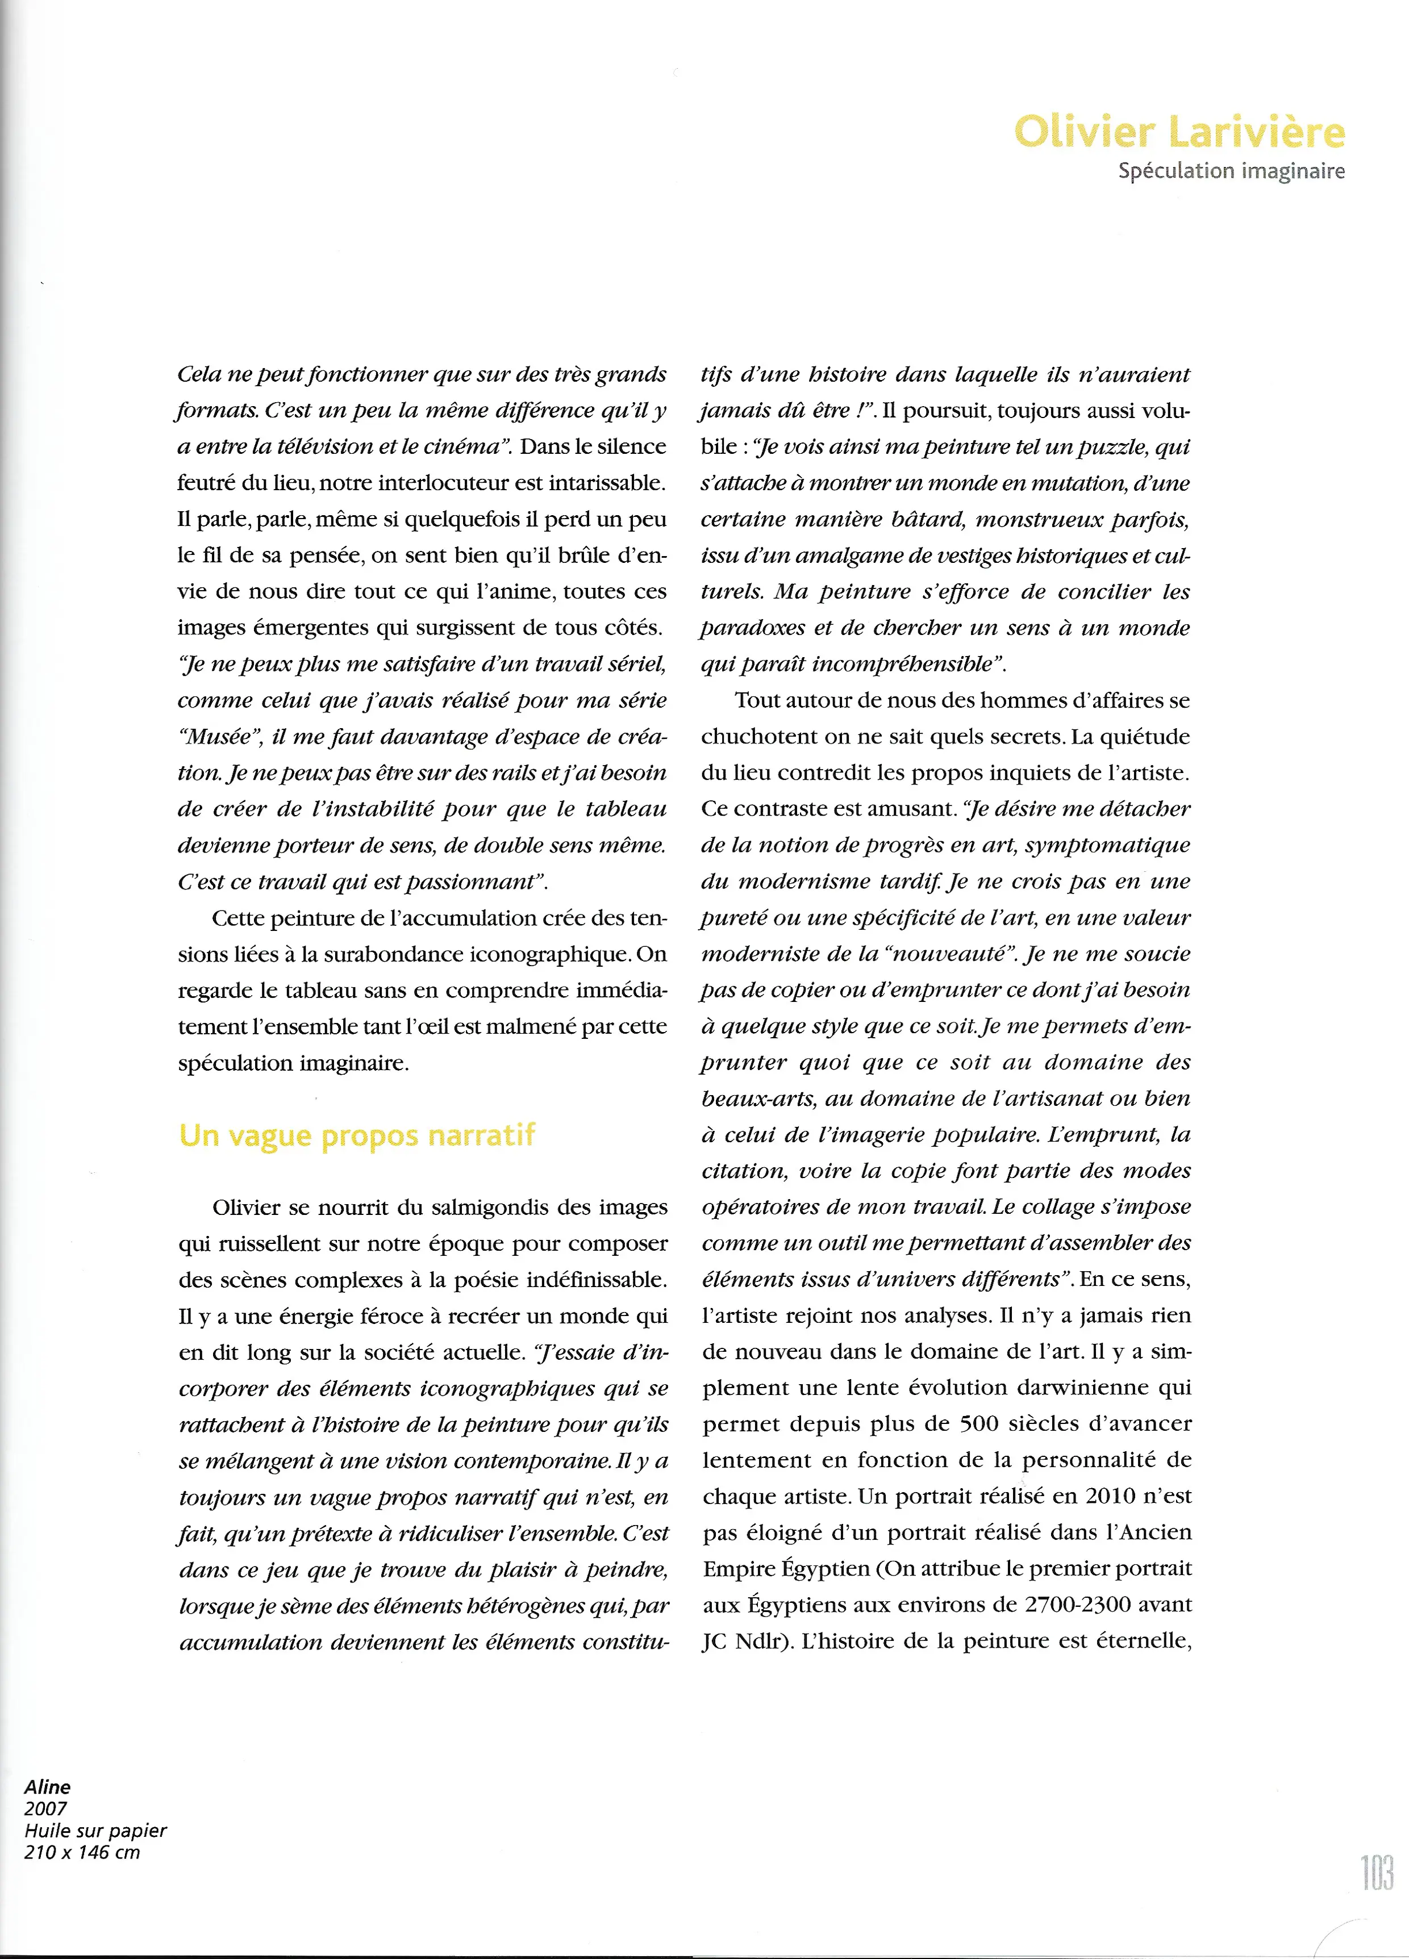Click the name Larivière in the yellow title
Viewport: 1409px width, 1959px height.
pos(1256,132)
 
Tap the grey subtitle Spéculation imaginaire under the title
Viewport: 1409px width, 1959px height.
pos(1231,171)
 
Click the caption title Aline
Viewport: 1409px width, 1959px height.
pos(48,1787)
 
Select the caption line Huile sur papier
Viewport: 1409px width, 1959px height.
pos(95,1830)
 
